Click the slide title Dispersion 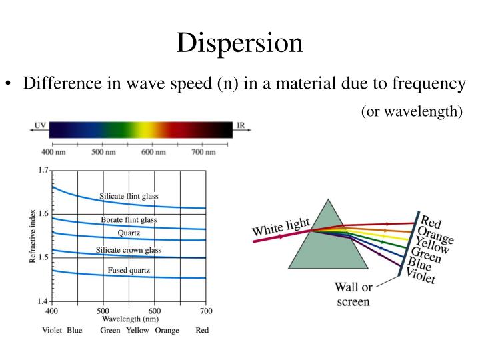click(239, 43)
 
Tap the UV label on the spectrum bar click(40, 125)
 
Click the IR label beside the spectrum click(240, 125)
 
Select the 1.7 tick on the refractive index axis click(43, 171)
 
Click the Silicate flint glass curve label click(129, 196)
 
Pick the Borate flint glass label click(129, 220)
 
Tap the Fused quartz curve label click(129, 270)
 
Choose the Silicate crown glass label click(129, 250)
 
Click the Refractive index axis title click(33, 236)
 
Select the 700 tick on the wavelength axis click(206, 311)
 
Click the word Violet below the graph click(52, 331)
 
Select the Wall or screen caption click(353, 295)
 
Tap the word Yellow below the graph click(138, 331)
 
